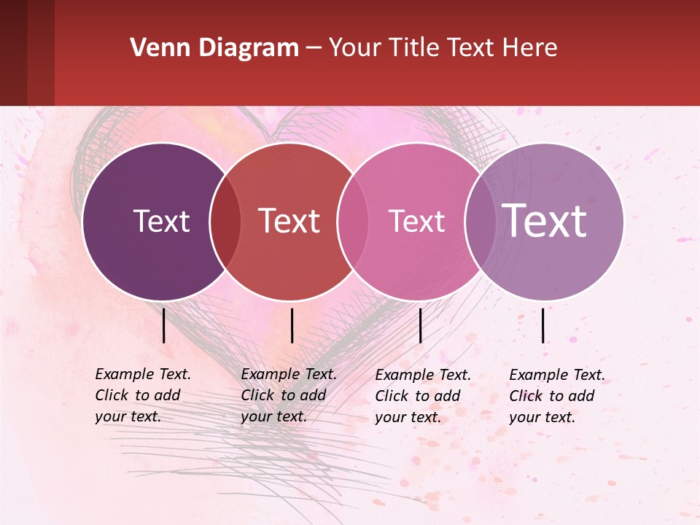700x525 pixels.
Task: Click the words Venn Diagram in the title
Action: (214, 48)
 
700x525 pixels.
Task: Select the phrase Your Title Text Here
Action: (443, 48)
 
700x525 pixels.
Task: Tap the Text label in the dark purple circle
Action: (161, 221)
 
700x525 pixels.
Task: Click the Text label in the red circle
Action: (289, 221)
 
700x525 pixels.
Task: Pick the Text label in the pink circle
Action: (416, 221)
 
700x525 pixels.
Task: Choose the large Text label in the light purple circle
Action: (545, 220)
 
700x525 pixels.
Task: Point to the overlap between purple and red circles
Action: (225, 222)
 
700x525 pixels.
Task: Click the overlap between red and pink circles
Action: (353, 222)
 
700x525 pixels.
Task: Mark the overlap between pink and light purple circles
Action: (480, 222)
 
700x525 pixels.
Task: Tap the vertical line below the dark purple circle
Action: (163, 325)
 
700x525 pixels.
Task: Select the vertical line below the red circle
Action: (292, 325)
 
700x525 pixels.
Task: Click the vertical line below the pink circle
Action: (420, 325)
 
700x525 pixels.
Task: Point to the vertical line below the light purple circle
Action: (543, 325)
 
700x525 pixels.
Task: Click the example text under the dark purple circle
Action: (143, 395)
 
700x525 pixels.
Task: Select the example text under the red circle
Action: (289, 395)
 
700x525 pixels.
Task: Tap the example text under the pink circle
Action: (423, 396)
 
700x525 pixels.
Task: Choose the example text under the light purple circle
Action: (557, 396)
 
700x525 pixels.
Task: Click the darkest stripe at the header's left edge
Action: (13, 52)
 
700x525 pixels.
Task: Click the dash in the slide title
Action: (314, 49)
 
